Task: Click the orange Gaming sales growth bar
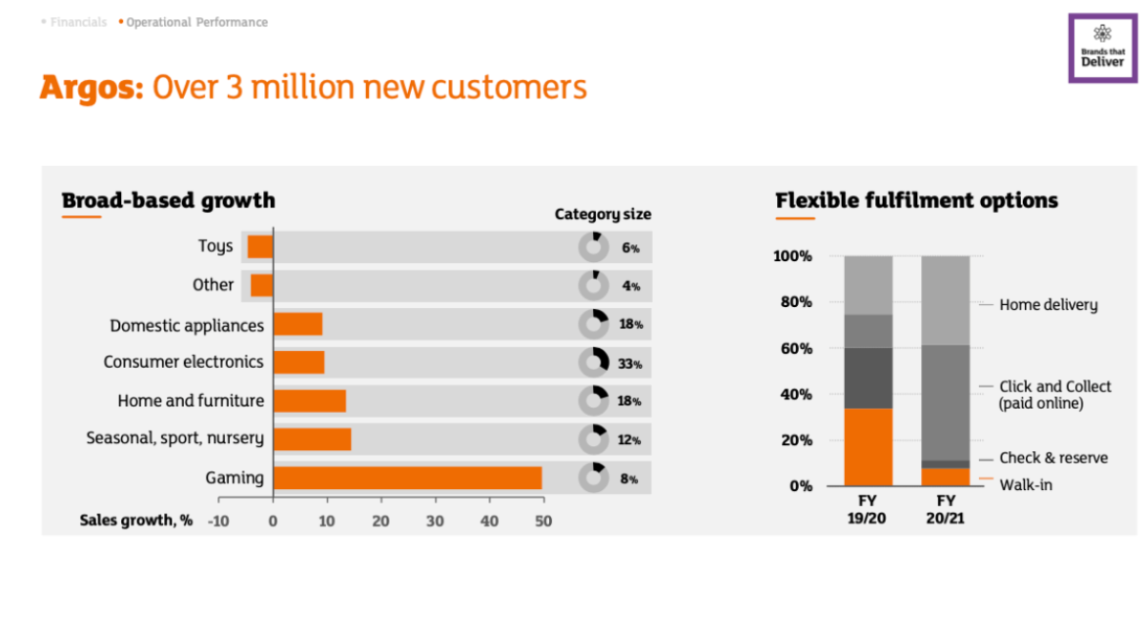(408, 479)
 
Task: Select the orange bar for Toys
(260, 247)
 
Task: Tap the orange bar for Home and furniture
(310, 401)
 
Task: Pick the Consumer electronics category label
(183, 361)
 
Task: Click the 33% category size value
(630, 364)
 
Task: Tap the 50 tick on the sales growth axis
(543, 522)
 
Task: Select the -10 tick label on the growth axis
(218, 522)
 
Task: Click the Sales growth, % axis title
(135, 521)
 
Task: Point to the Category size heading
(603, 215)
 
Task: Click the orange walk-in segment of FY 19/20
(868, 447)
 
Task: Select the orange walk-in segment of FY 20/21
(946, 477)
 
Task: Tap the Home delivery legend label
(1048, 305)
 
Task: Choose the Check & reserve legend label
(1053, 458)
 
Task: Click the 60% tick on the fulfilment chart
(796, 348)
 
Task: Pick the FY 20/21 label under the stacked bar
(946, 509)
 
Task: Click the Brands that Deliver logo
(1103, 48)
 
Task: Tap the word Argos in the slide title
(92, 88)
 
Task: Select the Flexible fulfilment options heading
(917, 200)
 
